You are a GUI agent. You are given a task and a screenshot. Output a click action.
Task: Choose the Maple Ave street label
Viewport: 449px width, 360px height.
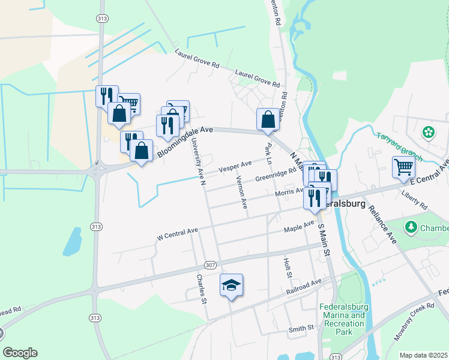(299, 227)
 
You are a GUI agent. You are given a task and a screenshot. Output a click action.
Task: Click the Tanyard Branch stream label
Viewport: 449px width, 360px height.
(400, 148)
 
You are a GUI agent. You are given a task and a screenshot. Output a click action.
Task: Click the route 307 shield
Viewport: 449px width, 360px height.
(209, 265)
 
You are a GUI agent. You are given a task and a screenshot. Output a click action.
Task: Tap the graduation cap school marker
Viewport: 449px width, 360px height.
(231, 286)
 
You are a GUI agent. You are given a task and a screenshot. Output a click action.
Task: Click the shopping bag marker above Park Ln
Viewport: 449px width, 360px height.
(268, 119)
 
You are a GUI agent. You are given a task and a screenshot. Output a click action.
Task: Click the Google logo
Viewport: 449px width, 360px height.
(20, 353)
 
